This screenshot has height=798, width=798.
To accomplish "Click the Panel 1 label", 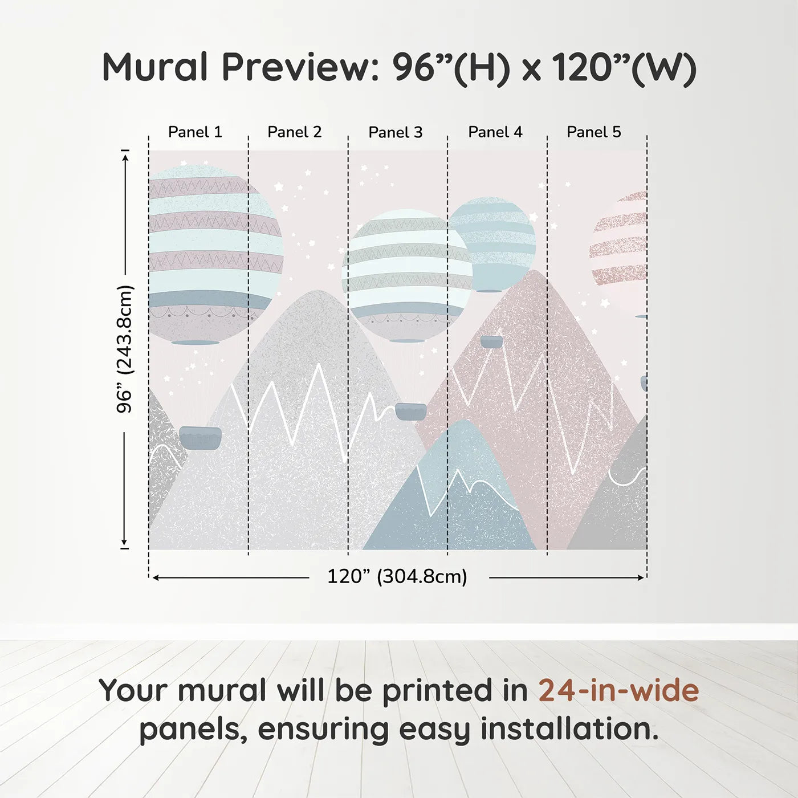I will tap(195, 132).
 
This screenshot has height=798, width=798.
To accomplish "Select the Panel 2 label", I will tap(295, 132).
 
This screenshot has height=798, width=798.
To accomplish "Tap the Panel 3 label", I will tap(396, 133).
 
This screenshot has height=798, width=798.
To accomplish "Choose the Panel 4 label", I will tap(495, 132).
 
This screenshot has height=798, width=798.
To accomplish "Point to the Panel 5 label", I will tap(593, 132).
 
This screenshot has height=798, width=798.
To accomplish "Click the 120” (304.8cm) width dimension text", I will tap(397, 577).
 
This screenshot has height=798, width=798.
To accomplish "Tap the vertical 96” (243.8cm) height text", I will tap(124, 349).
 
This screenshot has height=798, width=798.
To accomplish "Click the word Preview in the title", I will tap(296, 67).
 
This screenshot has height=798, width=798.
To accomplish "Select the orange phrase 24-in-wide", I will tap(618, 690).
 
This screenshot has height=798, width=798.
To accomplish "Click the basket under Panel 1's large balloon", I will tap(200, 438).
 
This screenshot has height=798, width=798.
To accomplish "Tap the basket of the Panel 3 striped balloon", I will tap(410, 411).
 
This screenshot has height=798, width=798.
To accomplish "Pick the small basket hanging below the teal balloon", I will tap(491, 341).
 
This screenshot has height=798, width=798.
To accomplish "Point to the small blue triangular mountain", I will tap(456, 490).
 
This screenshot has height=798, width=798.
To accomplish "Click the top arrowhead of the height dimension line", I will tap(125, 154).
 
